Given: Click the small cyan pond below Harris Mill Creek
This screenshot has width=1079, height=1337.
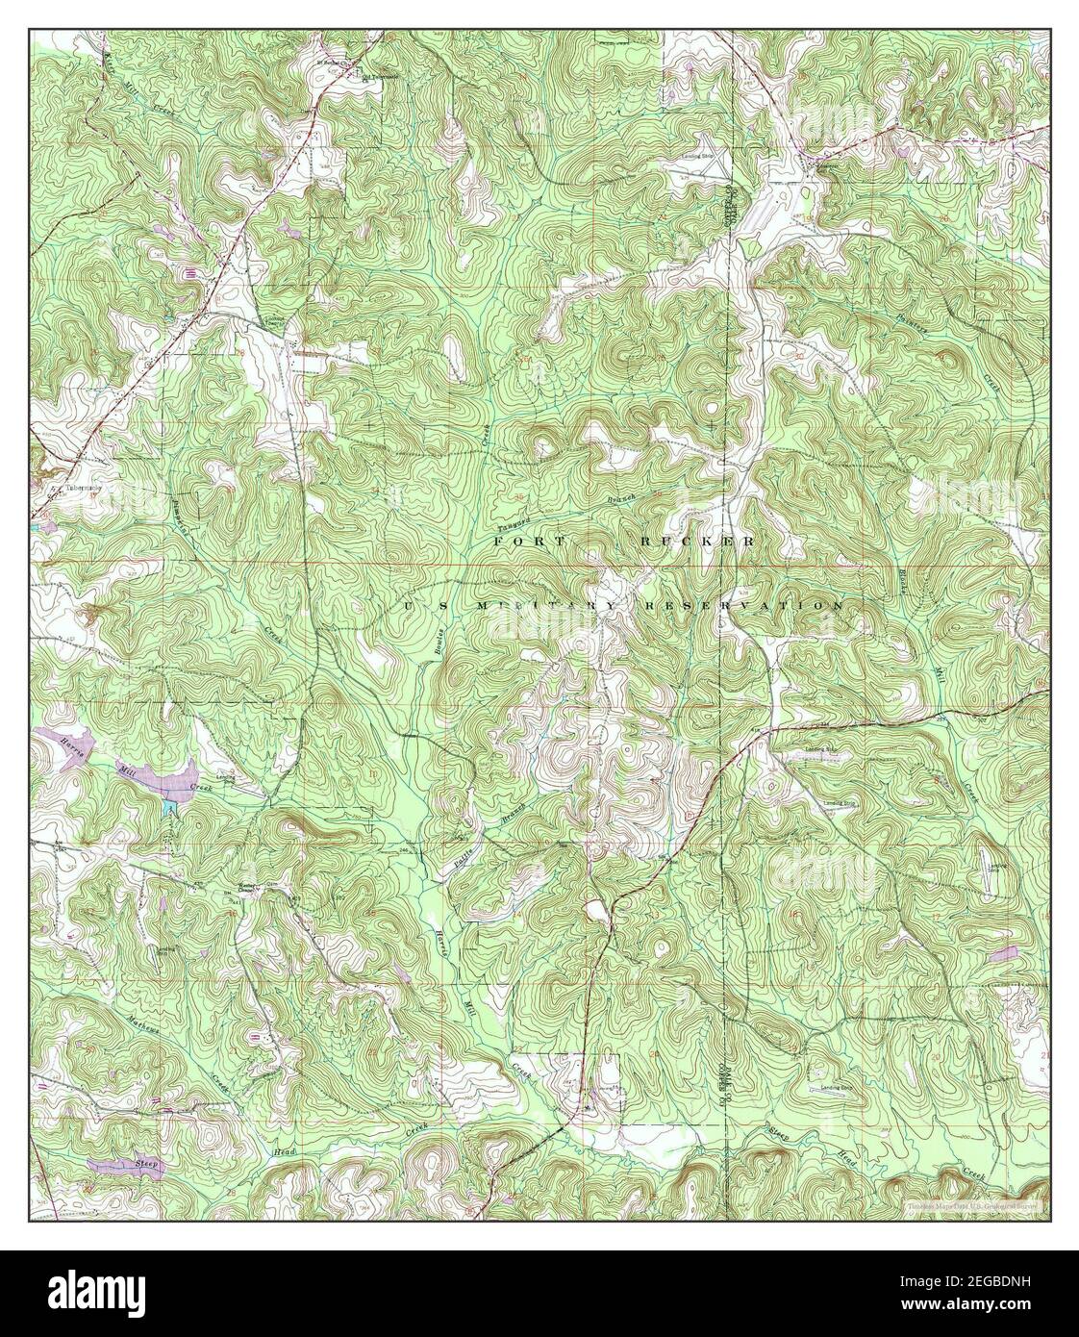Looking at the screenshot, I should point(170,798).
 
